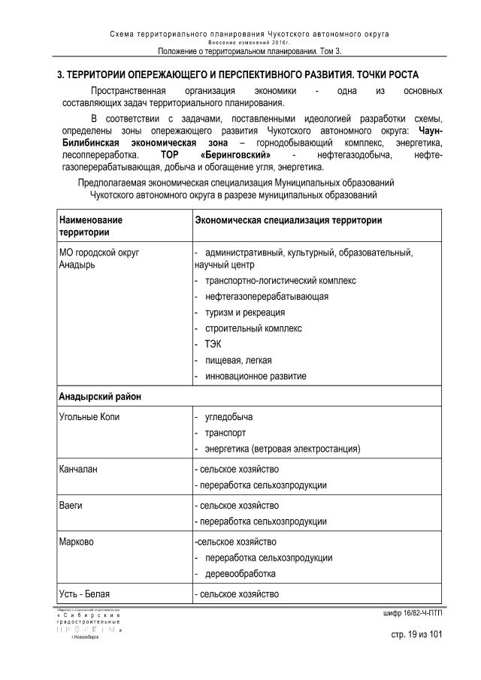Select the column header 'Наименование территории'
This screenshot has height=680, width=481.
pos(90,226)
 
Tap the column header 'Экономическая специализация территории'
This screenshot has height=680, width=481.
pos(288,220)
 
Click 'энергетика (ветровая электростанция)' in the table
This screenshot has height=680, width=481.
pos(282,449)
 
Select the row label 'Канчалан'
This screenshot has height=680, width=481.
pos(78,469)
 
